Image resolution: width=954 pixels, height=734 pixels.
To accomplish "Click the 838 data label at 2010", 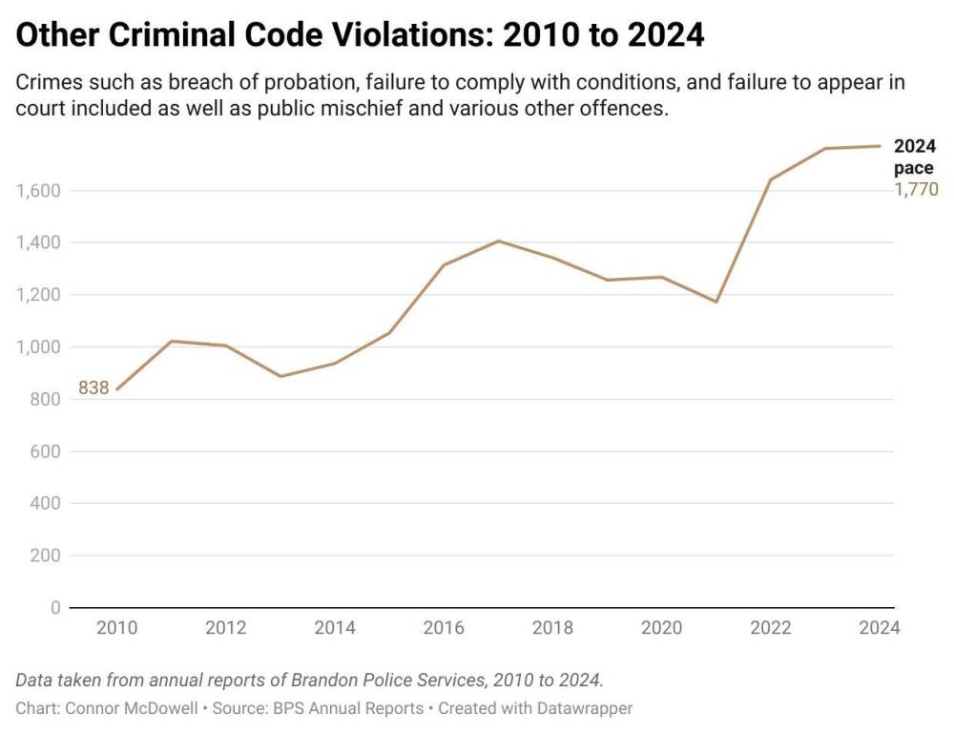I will [93, 388].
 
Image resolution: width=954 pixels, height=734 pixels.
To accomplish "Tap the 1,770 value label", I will [916, 189].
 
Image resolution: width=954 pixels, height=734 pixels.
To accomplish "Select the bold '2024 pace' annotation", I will [914, 157].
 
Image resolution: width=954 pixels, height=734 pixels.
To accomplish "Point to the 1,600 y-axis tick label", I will [38, 191].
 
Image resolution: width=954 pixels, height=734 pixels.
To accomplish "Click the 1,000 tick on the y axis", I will [38, 347].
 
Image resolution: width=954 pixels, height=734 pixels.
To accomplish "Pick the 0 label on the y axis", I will [54, 608].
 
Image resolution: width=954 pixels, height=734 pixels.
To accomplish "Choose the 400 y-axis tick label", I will [45, 503].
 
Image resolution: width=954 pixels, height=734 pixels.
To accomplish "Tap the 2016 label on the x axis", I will [444, 628].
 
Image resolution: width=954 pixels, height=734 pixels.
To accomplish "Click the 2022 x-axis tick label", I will [771, 628].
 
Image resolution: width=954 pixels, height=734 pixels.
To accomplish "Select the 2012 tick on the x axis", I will [226, 628].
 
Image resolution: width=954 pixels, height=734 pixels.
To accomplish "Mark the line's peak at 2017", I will [498, 241].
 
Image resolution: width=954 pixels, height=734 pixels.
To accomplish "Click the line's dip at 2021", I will [715, 302].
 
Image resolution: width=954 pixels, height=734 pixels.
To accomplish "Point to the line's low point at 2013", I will [280, 376].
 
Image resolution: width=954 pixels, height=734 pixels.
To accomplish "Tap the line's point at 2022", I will [770, 179].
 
